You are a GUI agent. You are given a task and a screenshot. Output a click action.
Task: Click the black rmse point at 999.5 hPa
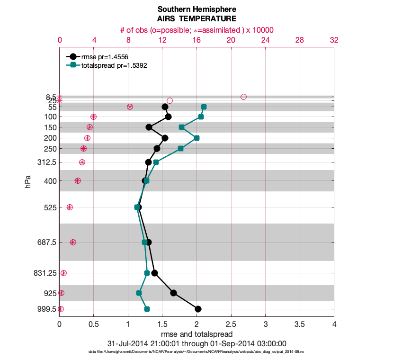(198, 309)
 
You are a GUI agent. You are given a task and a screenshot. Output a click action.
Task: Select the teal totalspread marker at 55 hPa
(204, 107)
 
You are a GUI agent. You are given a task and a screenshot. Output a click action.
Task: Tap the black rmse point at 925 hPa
(173, 293)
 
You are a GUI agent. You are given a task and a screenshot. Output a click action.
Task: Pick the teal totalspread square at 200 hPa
(196, 138)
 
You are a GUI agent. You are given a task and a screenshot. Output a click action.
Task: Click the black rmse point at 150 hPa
(149, 127)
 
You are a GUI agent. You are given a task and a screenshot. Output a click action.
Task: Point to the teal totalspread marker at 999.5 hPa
(147, 309)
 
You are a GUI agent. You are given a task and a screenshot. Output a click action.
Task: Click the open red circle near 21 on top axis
(243, 97)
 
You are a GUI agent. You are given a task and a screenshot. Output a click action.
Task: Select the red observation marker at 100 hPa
(93, 117)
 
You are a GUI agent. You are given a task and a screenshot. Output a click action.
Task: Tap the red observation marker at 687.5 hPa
(73, 242)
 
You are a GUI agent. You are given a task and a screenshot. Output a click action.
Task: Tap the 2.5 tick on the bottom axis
(231, 324)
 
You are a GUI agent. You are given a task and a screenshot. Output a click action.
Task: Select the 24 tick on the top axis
(265, 41)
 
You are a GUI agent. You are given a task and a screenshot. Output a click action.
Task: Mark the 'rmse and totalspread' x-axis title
(196, 334)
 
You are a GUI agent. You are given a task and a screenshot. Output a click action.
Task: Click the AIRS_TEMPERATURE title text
(196, 19)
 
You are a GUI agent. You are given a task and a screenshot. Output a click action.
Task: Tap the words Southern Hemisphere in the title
(196, 9)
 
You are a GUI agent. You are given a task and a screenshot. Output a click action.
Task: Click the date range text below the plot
(196, 343)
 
